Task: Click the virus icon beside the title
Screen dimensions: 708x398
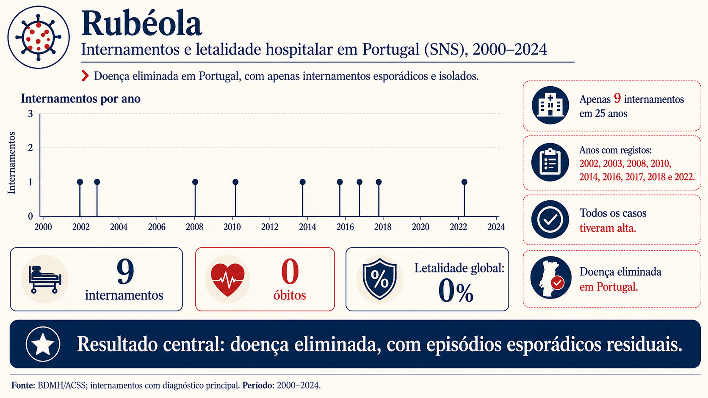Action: (x=38, y=37)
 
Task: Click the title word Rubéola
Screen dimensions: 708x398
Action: (x=141, y=24)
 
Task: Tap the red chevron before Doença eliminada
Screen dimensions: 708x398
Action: (x=85, y=76)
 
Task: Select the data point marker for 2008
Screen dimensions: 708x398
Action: (x=195, y=182)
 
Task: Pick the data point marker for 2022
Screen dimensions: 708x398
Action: (x=465, y=182)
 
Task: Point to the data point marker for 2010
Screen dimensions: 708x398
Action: (x=235, y=182)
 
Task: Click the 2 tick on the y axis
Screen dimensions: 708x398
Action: (x=30, y=148)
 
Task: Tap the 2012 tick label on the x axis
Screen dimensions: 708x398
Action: (x=270, y=227)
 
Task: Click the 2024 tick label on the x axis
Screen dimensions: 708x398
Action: (x=496, y=227)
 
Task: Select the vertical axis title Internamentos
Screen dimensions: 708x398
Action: (x=11, y=163)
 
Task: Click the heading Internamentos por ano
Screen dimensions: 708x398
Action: (x=80, y=99)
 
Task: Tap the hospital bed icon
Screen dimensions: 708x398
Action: (x=44, y=279)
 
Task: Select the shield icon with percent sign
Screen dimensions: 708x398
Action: (x=379, y=279)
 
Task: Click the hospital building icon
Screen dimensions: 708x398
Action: (x=550, y=105)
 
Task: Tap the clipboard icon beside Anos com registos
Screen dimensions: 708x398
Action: (x=550, y=162)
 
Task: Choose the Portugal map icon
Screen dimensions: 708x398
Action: (x=550, y=277)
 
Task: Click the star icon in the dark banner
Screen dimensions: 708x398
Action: (x=43, y=344)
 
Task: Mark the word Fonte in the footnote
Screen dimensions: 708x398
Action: (x=23, y=385)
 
